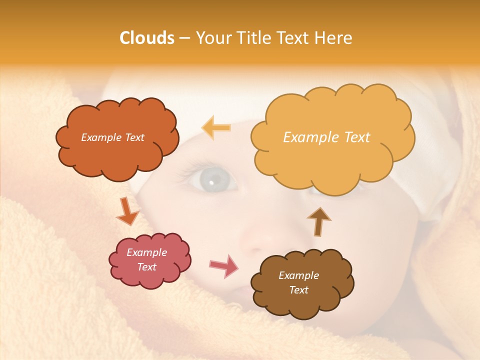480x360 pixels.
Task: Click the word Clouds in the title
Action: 146,38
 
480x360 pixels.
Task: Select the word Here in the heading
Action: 334,38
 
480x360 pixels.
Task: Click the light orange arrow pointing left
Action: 216,128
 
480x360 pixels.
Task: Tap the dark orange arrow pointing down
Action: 127,211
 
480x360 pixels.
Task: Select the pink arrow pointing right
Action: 223,266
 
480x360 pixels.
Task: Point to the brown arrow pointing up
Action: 318,221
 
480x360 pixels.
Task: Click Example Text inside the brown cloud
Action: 298,282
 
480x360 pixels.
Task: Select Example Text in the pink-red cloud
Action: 147,259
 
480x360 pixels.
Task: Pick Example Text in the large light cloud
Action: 326,137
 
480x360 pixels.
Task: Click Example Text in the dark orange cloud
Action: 112,137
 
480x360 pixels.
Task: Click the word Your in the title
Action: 212,38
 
